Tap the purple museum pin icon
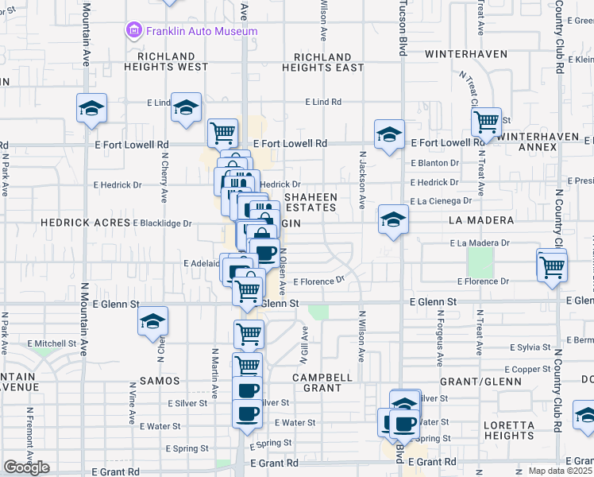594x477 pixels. [x=133, y=31]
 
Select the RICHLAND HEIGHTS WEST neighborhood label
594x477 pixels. [x=172, y=62]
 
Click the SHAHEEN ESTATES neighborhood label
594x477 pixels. [x=310, y=202]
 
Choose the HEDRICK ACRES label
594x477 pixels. [x=85, y=223]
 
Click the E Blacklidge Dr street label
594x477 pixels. [x=162, y=223]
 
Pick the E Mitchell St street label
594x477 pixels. [x=52, y=344]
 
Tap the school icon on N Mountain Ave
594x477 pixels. [x=91, y=109]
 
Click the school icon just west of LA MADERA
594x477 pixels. [x=393, y=219]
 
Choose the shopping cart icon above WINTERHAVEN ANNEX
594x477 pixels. [x=486, y=122]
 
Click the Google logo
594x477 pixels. [x=26, y=467]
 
